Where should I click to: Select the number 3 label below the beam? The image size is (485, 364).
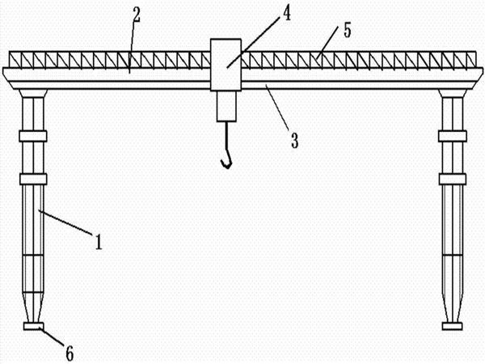(x=294, y=140)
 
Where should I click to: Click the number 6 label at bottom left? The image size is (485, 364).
(x=70, y=352)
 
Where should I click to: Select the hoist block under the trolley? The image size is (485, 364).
(x=226, y=105)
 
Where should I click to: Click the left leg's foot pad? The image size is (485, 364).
(x=35, y=327)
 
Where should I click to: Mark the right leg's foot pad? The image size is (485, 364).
(x=452, y=327)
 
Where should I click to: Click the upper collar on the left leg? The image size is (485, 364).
(x=34, y=136)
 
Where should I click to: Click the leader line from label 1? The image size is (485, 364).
(x=69, y=224)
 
